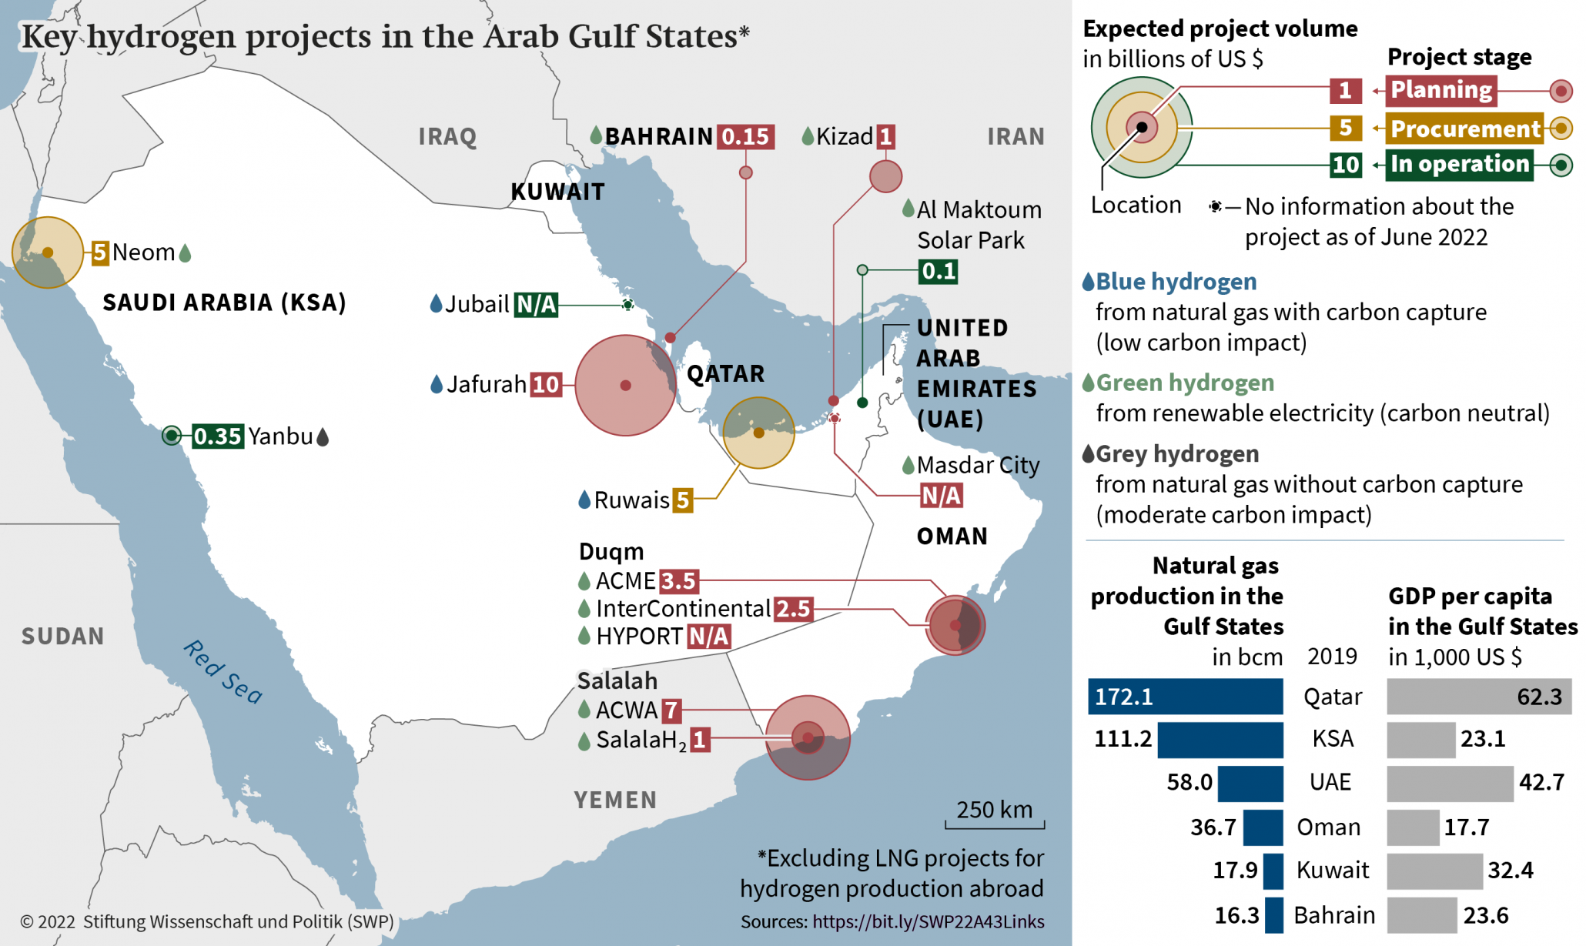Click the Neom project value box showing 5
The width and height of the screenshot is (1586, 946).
coord(100,252)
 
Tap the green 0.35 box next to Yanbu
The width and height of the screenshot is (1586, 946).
coord(218,436)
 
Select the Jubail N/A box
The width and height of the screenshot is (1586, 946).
coord(536,305)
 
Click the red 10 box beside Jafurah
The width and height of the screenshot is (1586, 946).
coord(546,384)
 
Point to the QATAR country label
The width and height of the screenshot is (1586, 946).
coord(725,374)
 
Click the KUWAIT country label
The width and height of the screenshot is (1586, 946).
coord(557,192)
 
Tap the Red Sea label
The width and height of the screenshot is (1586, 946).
coord(223,672)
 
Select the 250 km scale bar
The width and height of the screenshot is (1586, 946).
coord(995,824)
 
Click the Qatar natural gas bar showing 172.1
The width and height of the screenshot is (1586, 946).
coord(1185,697)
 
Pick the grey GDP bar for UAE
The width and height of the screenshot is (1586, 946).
coord(1449,783)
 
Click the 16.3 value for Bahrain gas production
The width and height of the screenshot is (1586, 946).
coord(1236,915)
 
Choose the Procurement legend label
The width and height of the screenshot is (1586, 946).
coord(1465,129)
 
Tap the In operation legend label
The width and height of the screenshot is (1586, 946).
coord(1459,164)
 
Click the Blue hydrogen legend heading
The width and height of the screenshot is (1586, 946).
coord(1176,282)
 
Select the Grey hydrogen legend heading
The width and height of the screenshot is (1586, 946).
coord(1176,454)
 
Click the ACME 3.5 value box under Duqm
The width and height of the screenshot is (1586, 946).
coord(678,581)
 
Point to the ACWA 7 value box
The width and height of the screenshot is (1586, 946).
coord(671,710)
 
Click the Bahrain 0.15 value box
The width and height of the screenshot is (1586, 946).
coord(745,137)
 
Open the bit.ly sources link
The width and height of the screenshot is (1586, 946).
coord(928,922)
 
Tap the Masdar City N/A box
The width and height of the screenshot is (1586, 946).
coord(941,496)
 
